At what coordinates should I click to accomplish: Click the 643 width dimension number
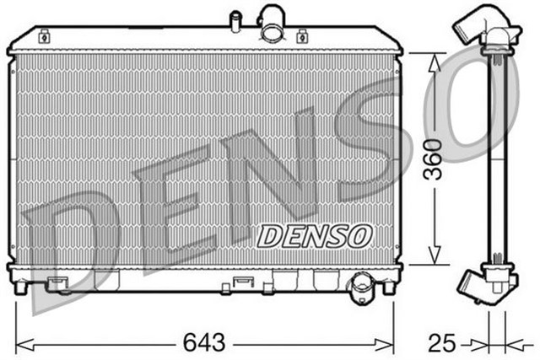(204, 342)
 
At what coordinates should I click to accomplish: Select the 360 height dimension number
(431, 160)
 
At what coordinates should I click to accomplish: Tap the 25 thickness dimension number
(441, 342)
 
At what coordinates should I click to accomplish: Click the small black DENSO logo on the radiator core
(313, 236)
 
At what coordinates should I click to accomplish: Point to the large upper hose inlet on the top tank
(273, 22)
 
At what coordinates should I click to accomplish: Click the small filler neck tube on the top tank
(235, 19)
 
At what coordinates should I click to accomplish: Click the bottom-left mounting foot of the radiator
(20, 287)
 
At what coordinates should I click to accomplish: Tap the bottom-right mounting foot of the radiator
(388, 287)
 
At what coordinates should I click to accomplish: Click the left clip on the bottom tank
(58, 282)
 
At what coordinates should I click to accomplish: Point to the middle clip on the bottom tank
(243, 282)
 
